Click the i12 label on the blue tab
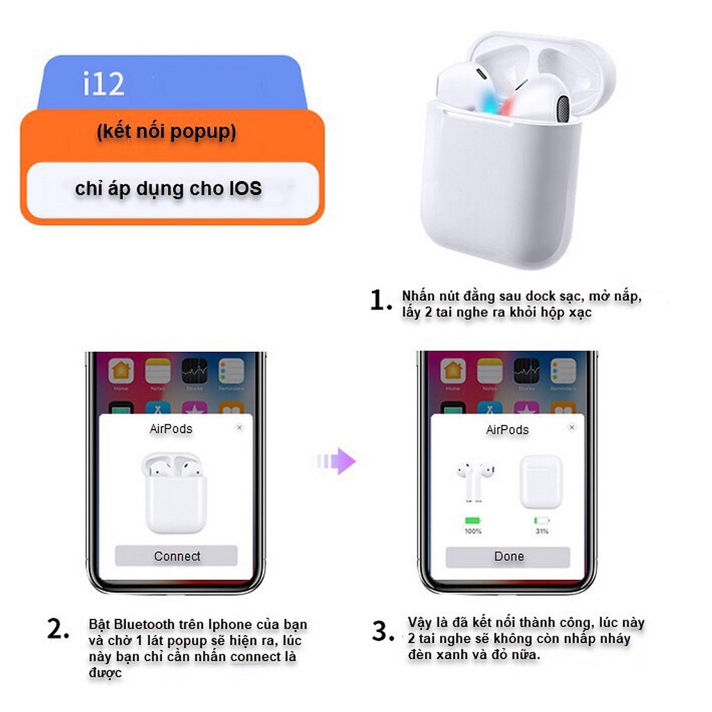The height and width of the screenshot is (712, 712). click(104, 83)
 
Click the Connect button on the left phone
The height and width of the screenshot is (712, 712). click(177, 556)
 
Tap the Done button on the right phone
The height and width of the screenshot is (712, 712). click(508, 556)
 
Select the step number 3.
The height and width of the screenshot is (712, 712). click(383, 631)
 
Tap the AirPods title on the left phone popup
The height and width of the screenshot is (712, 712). click(171, 429)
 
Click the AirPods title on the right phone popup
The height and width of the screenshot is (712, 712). click(507, 430)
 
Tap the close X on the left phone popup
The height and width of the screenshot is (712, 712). click(239, 428)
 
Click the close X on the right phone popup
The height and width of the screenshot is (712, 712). click(572, 427)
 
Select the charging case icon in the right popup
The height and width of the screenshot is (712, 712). click(541, 481)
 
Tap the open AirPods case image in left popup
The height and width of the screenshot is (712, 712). click(176, 492)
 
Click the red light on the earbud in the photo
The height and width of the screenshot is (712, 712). click(510, 104)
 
